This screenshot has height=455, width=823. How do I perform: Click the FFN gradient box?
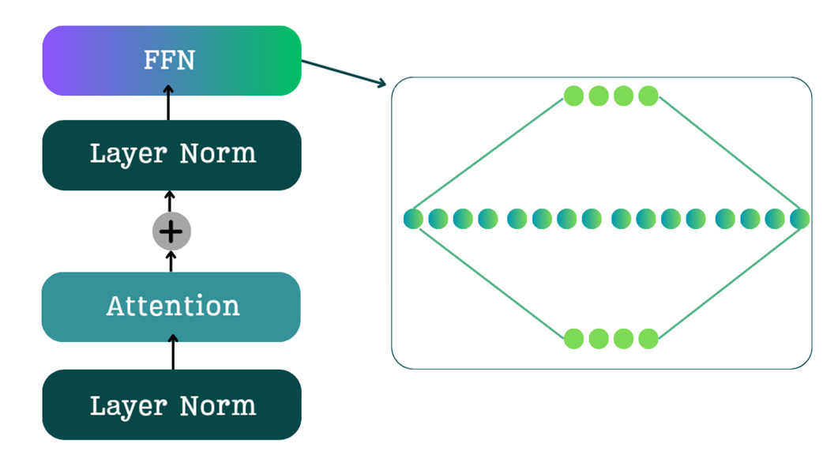171,61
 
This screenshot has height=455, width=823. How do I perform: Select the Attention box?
171,306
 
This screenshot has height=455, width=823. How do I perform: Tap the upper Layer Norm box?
171,155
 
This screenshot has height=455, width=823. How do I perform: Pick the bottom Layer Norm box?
171,404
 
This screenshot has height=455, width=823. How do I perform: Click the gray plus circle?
171,232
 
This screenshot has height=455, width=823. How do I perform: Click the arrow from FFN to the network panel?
344,72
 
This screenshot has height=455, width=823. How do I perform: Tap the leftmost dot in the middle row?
413,219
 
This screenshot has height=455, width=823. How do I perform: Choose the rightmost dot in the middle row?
800,219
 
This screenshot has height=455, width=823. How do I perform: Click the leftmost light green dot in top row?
573,96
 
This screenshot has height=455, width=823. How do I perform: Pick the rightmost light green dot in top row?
648,96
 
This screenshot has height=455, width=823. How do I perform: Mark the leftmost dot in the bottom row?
573,339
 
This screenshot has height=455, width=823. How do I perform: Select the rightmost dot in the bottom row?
648,339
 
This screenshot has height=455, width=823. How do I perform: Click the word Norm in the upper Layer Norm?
218,153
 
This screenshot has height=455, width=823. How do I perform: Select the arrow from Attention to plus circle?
172,261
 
